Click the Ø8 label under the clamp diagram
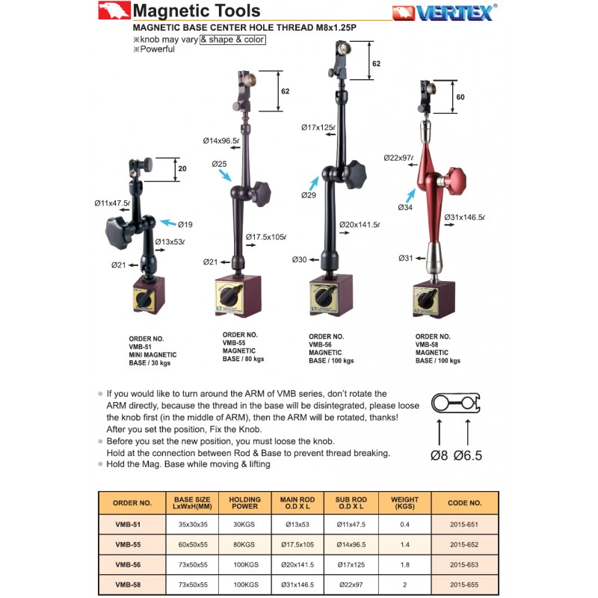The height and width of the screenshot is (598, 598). click(440, 454)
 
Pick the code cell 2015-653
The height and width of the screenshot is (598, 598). click(464, 565)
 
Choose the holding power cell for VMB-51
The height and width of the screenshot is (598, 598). click(244, 525)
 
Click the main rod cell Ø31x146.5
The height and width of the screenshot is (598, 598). click(297, 585)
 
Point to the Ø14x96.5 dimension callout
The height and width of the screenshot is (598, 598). click(221, 141)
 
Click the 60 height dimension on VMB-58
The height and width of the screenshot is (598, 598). click(460, 97)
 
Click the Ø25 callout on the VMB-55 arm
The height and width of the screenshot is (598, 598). click(219, 164)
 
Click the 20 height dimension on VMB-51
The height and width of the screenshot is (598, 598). click(182, 169)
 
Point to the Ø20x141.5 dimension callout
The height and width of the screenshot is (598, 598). click(359, 224)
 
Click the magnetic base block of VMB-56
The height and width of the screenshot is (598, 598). click(331, 298)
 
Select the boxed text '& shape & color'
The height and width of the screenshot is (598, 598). click(232, 39)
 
